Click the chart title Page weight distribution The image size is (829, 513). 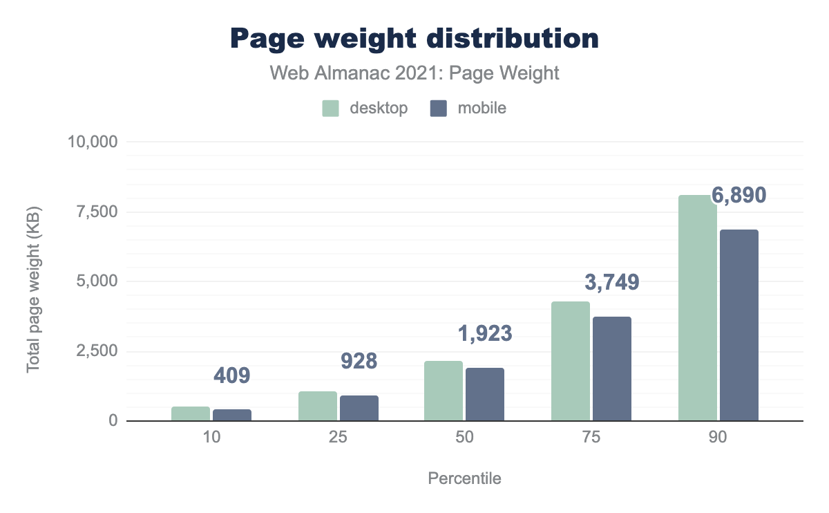[414, 39]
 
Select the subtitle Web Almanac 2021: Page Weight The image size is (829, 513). [414, 73]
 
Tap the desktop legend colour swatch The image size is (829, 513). [331, 109]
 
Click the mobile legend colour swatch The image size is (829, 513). [439, 109]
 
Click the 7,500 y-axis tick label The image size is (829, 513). [98, 212]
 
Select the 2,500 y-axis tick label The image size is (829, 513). [98, 351]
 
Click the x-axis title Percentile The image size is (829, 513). [464, 478]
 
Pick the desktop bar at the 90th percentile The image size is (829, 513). [698, 308]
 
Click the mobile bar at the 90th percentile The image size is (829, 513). [739, 325]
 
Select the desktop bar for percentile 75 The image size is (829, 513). [571, 361]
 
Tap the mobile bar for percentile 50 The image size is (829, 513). [485, 394]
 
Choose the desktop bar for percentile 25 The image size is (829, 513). [318, 406]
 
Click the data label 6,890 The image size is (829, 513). [739, 196]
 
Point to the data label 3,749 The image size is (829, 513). [612, 282]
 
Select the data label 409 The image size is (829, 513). [231, 376]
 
